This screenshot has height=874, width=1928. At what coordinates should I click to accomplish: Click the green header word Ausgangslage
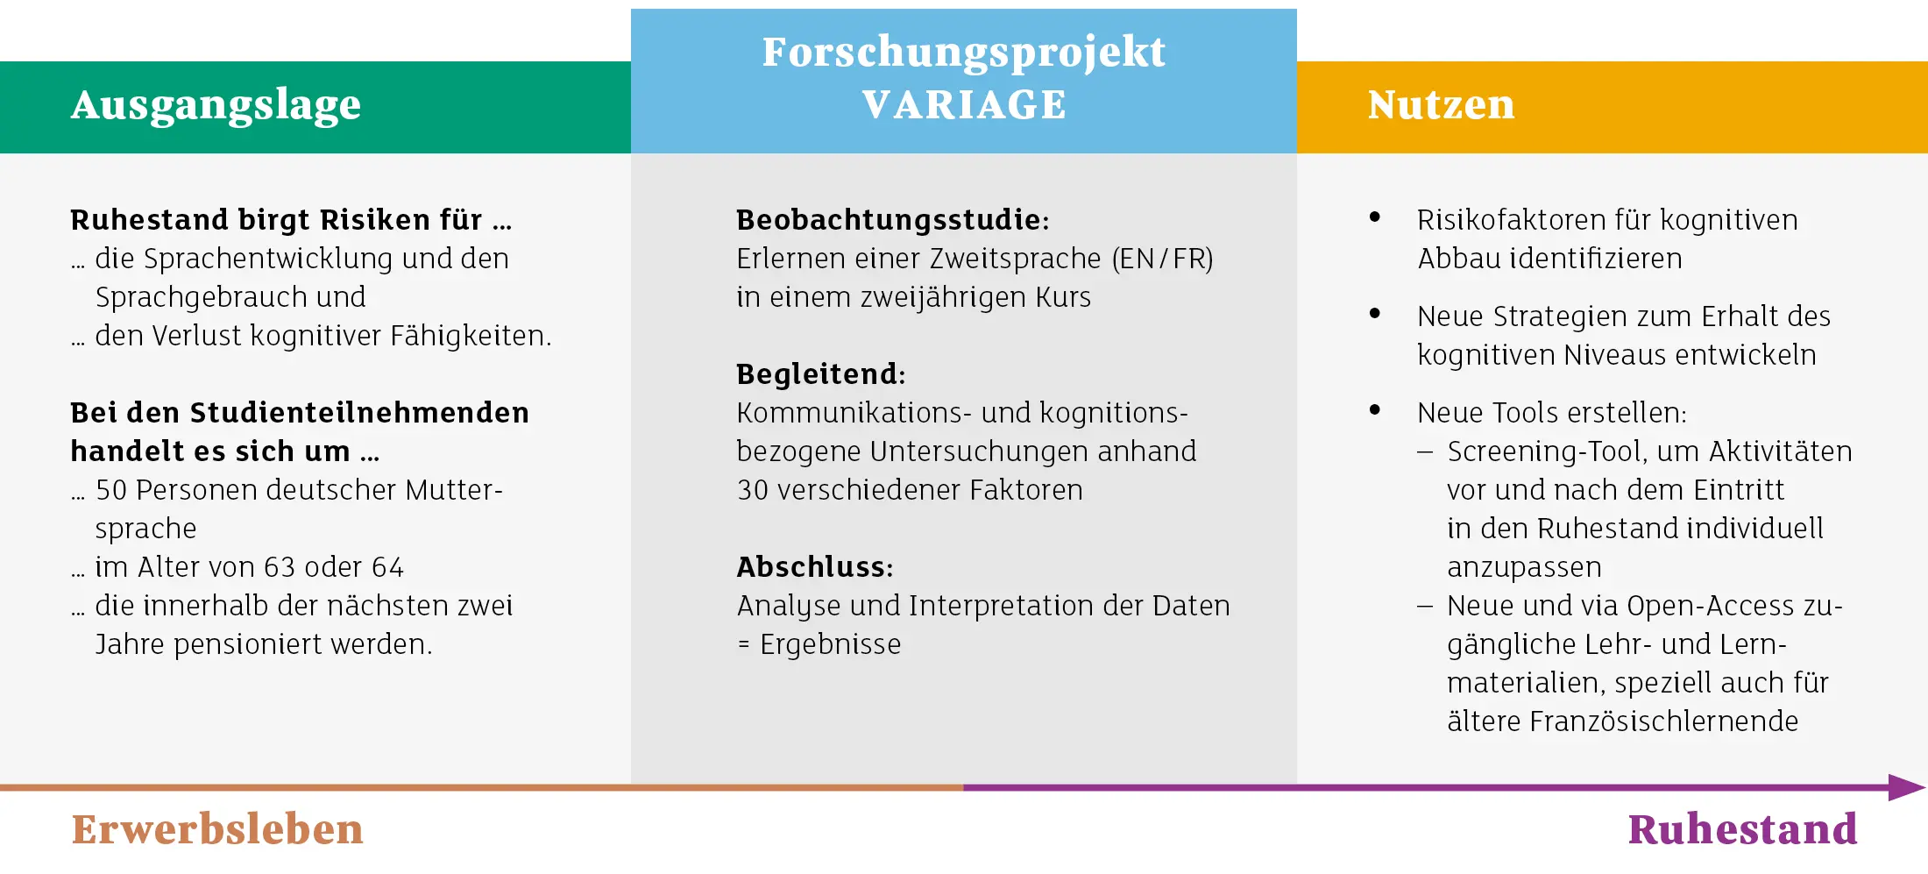[216, 106]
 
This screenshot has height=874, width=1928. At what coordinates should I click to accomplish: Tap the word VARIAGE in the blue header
[964, 105]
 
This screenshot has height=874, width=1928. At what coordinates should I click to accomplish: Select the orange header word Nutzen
[1441, 105]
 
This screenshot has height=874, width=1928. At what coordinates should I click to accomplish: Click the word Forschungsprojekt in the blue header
[964, 53]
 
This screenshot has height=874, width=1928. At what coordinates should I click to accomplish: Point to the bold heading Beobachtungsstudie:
[892, 219]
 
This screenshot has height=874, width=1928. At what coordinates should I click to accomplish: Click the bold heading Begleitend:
[820, 374]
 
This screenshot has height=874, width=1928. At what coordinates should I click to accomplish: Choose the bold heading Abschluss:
[814, 567]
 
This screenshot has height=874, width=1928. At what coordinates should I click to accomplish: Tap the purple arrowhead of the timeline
[1907, 787]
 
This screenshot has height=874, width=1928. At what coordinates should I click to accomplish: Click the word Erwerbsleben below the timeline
[217, 829]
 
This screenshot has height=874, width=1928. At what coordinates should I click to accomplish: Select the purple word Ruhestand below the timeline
[1742, 829]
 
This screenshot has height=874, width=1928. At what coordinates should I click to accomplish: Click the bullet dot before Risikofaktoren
[1375, 217]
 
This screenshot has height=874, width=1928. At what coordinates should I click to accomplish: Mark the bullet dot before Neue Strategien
[1375, 313]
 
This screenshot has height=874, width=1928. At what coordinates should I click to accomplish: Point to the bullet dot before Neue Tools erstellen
[1375, 409]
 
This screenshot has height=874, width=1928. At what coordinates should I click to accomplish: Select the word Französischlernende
[1663, 721]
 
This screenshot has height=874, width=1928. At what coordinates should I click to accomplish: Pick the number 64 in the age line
[387, 567]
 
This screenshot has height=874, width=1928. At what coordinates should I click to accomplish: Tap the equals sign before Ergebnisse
[744, 645]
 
